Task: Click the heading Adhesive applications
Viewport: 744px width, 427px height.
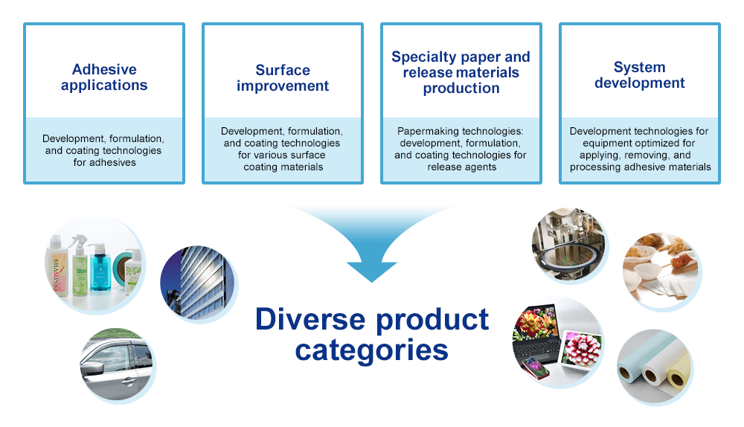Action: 104,77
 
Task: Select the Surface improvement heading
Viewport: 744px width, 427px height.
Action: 283,78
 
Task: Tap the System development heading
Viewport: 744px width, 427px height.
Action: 640,75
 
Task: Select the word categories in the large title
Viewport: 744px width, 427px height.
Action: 371,350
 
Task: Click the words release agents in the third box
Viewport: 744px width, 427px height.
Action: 462,167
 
